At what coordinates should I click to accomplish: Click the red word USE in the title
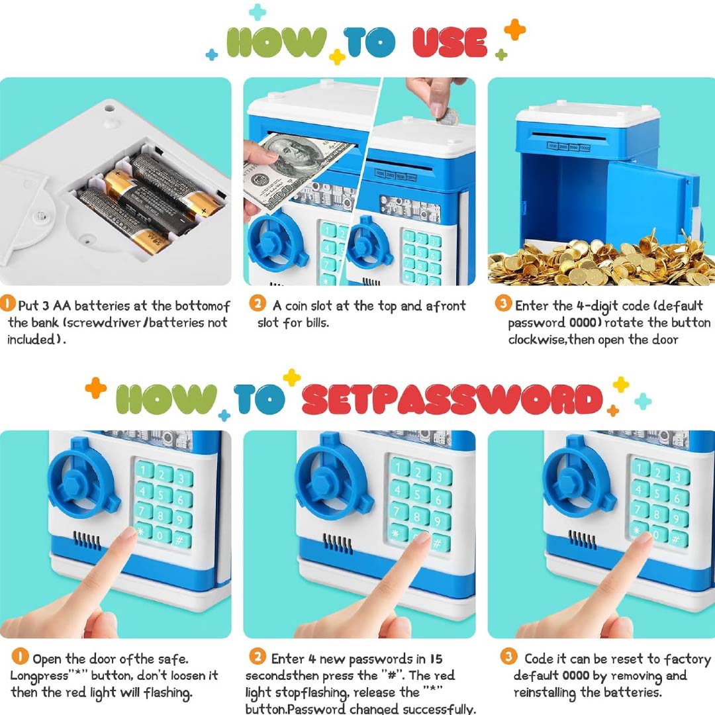450,42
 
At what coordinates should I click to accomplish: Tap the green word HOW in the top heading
277,42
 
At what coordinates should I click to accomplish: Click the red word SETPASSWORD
452,399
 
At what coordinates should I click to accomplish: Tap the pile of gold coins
601,261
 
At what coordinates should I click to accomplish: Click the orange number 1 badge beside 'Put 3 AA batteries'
7,304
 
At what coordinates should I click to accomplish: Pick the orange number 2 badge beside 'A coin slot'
258,303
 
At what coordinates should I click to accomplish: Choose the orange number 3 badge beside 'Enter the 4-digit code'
503,303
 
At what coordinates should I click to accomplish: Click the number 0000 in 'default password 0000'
583,323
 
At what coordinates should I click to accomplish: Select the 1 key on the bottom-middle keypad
400,467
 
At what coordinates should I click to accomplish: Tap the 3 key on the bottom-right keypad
679,477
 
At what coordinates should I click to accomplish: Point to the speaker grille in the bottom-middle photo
338,543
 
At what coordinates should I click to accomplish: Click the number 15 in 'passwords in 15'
436,659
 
